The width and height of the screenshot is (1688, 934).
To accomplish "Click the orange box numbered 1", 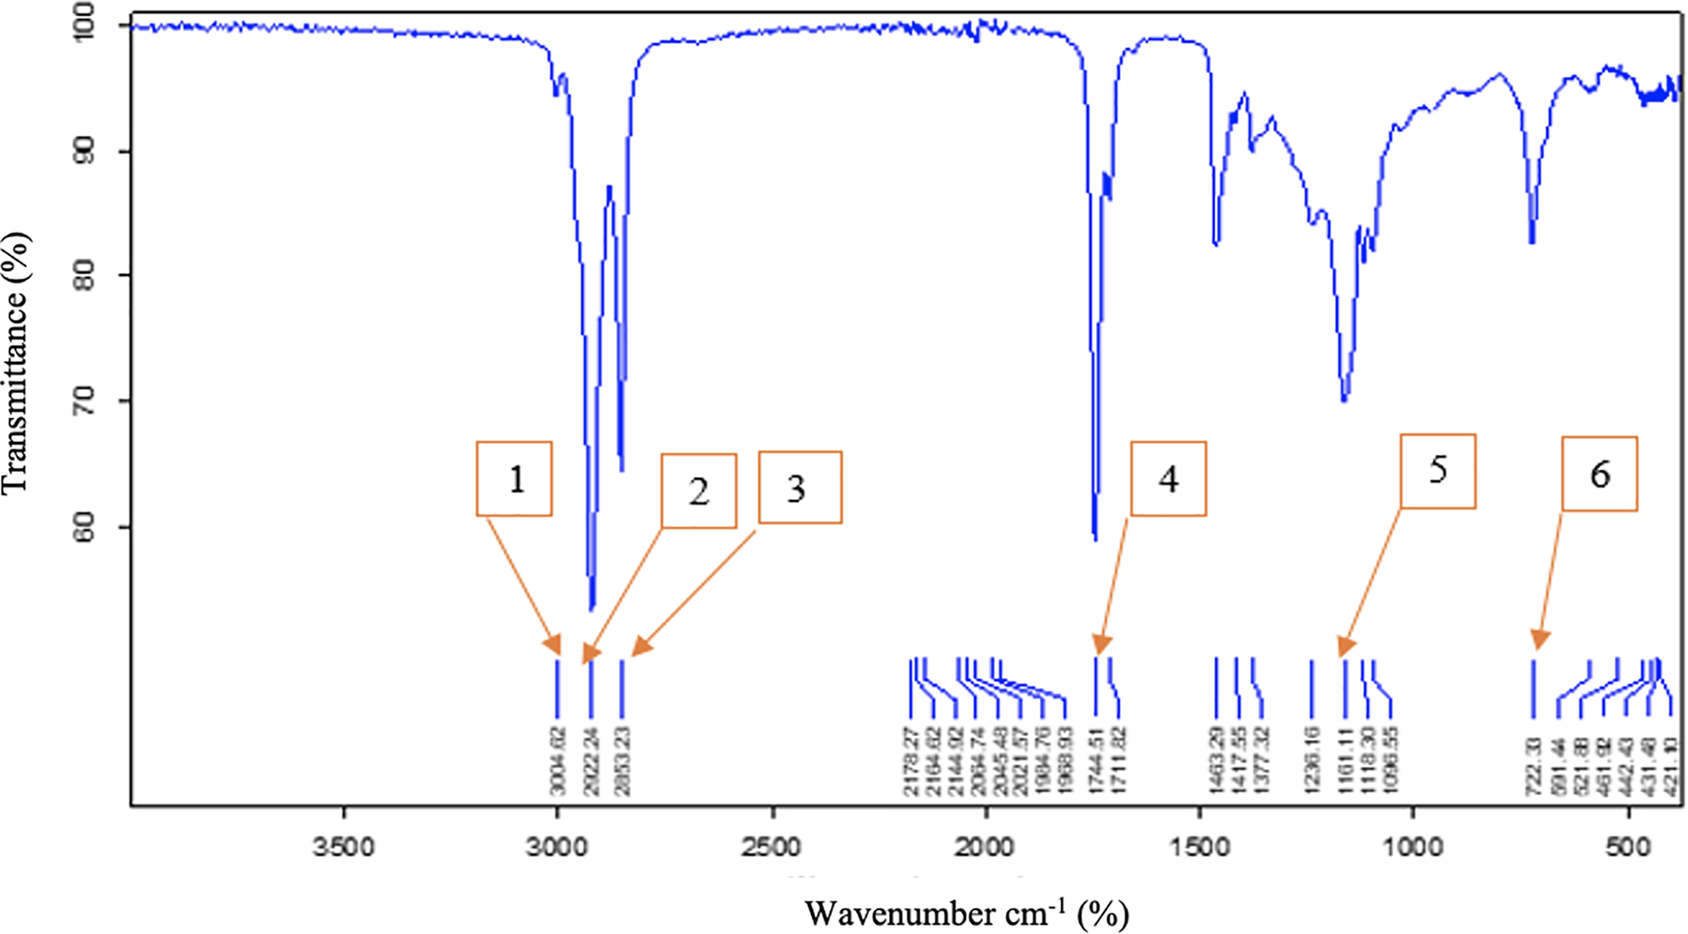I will click(514, 479).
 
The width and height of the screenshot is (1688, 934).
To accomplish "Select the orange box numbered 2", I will click(699, 491).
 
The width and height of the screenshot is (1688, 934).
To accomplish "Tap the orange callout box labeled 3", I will click(799, 488).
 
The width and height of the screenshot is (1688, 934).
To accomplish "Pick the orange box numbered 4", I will click(1168, 479).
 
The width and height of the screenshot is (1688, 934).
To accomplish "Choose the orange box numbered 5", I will click(1438, 471).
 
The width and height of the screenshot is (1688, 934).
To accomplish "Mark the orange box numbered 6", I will click(1599, 474).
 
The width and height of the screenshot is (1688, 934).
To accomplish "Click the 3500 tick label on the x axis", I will click(343, 848).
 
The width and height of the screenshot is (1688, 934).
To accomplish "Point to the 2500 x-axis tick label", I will click(772, 848).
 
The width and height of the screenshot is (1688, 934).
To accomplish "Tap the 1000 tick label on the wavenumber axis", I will click(1413, 848).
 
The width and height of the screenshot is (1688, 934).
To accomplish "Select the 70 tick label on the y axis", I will click(84, 401).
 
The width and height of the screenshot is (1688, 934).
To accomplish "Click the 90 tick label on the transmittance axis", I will click(84, 151).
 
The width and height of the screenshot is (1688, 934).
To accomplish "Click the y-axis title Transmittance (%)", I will click(16, 363).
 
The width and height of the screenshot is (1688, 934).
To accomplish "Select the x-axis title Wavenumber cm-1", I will click(966, 912).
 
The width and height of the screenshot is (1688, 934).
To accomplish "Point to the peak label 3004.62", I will click(559, 761).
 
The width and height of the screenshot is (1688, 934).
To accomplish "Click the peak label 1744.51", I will click(1095, 761).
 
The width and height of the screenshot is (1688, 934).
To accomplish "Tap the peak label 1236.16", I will click(1311, 761).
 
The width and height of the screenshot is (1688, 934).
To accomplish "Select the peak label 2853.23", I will click(622, 761).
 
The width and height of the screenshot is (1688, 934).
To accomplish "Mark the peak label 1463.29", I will click(1216, 761).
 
